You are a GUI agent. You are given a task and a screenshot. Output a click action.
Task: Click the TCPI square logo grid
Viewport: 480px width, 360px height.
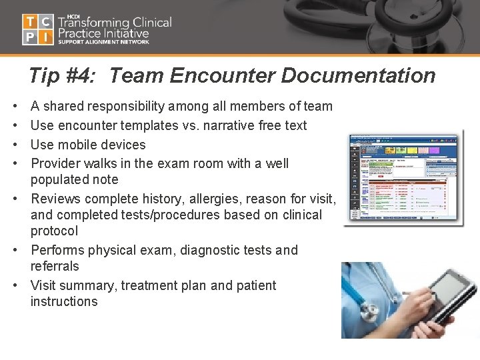(38, 29)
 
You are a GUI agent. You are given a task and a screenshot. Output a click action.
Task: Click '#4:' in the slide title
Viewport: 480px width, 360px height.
(83, 76)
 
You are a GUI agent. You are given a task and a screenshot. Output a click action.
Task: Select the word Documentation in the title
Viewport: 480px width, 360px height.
(358, 76)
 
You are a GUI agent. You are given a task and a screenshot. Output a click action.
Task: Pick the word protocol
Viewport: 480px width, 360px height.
(54, 231)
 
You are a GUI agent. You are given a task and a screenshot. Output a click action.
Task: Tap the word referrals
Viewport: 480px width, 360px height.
(55, 266)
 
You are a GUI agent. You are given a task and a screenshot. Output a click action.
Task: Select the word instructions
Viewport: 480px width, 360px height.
(64, 301)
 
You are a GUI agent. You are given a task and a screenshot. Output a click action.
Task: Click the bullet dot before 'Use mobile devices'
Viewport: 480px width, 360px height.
(15, 145)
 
